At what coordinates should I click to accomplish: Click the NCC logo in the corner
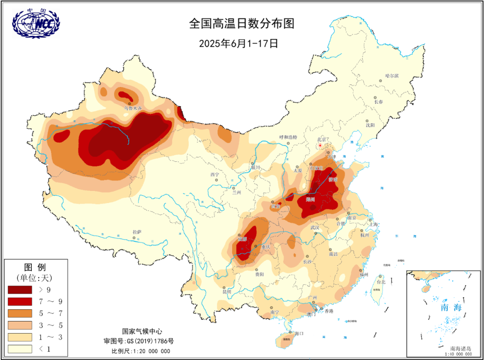click(35, 23)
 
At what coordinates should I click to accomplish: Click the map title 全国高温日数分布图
click(242, 24)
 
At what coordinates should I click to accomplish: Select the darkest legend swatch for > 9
click(20, 290)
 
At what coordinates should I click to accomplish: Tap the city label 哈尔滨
click(392, 76)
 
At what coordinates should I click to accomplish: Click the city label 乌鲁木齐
click(133, 108)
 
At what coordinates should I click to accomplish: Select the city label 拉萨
click(137, 232)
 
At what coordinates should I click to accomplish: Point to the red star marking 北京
click(320, 145)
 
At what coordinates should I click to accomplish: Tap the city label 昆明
click(227, 291)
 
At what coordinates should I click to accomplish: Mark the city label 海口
click(299, 334)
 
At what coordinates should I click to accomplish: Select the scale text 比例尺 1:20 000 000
click(141, 351)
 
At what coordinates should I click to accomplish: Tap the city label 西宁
click(215, 174)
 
